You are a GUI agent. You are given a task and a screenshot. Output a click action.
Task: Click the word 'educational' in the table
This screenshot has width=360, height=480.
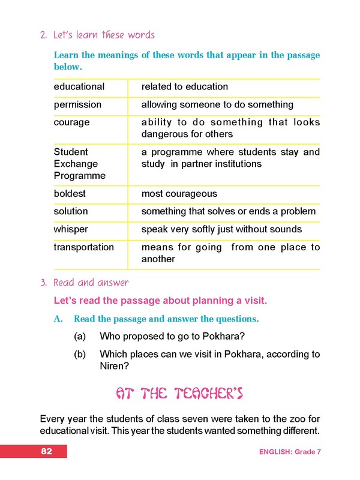pos(79,86)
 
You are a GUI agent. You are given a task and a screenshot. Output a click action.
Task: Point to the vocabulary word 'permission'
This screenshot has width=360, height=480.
pos(77,104)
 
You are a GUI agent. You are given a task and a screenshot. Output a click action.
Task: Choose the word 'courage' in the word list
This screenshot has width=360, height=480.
pos(71,122)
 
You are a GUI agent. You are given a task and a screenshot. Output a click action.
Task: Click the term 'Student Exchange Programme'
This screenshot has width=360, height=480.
pos(79,164)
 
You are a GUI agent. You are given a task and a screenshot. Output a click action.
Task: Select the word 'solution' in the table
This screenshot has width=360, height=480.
pos(71,211)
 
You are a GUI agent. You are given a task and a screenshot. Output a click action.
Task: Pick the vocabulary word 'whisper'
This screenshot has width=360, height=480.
pos(71,229)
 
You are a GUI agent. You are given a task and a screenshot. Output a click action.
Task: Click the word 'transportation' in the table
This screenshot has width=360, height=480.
pos(83,247)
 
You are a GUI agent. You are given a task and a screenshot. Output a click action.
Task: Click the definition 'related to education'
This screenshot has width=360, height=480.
pos(184,86)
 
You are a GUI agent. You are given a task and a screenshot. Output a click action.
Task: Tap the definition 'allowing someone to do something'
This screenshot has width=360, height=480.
pos(217,104)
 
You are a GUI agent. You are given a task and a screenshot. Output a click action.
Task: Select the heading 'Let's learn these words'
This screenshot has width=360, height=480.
pos(104,35)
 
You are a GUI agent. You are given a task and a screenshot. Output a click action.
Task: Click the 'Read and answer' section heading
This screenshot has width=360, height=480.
pos(91,282)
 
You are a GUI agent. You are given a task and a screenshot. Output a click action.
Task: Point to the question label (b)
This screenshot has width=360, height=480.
pos(80,354)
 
